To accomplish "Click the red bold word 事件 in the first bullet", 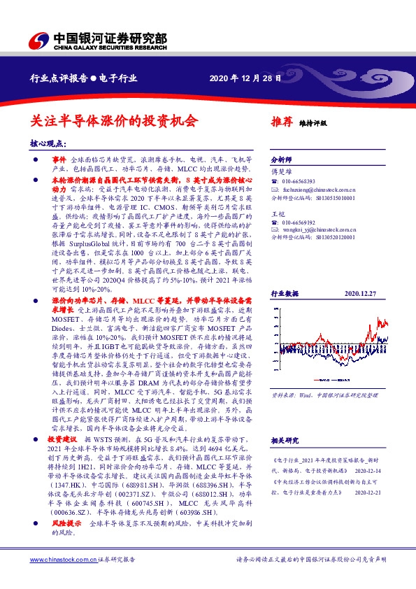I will tap(59, 160).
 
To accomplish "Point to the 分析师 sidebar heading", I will tap(279, 159).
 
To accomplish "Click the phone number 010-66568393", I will tap(300, 180).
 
